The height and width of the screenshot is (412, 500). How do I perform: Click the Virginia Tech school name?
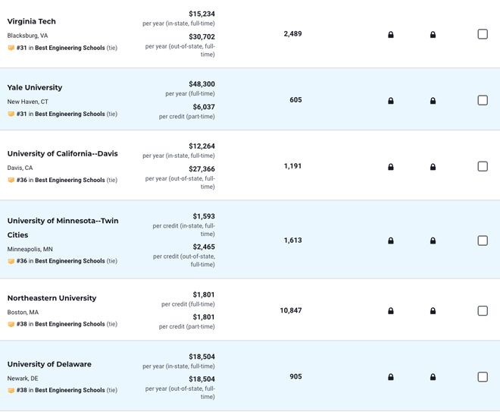point(31,21)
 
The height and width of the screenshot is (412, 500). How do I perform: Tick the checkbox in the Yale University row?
point(483,100)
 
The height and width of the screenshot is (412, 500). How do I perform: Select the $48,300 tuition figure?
point(202,84)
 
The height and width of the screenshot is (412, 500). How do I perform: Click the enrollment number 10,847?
point(291,310)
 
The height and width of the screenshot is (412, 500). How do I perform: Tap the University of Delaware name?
point(49,364)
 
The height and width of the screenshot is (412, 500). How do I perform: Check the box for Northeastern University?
point(483,310)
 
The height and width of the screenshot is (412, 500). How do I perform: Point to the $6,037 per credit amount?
point(204,107)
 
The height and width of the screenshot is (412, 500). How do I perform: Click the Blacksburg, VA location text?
point(27,36)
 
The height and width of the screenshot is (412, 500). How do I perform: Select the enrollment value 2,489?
point(292,34)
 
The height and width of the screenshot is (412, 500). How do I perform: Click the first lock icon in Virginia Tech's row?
point(391,34)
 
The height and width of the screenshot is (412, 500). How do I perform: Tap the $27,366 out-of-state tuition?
point(202,168)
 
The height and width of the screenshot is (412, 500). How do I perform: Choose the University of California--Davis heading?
point(62,153)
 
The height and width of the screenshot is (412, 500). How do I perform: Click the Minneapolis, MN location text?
point(30,249)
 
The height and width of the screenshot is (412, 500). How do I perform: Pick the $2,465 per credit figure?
point(204,247)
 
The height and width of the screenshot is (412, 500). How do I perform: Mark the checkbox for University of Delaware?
point(483,376)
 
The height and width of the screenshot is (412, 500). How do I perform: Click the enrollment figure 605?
point(295,100)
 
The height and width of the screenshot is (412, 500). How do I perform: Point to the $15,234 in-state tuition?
point(202,14)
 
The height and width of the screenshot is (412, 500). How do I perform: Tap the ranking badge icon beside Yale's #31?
point(11,114)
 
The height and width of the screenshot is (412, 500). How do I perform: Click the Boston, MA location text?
point(23,312)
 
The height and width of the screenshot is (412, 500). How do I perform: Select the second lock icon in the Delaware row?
point(433,377)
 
